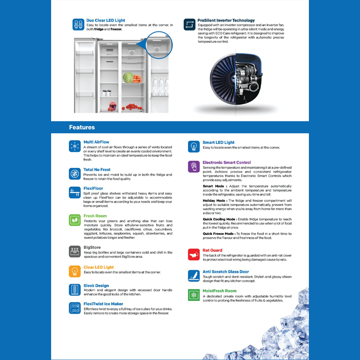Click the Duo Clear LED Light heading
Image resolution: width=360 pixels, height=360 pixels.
[x=105, y=21]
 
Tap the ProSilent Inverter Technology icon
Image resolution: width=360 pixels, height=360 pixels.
[x=189, y=24]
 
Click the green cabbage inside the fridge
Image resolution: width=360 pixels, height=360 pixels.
[x=128, y=77]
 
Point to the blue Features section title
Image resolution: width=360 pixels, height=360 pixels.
[x=82, y=127]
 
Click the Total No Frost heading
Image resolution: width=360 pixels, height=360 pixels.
[x=97, y=170]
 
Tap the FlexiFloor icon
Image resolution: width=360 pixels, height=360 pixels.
[x=75, y=192]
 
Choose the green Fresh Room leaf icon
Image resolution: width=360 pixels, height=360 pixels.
[x=75, y=220]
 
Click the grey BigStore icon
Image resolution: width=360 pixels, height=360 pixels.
[x=75, y=251]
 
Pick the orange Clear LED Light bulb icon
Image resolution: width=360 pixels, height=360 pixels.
[x=75, y=271]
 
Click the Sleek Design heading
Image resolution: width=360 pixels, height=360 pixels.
[x=96, y=285]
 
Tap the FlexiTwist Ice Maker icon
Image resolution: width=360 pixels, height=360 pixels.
[x=75, y=308]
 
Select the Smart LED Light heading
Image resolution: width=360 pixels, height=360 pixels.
[x=218, y=143]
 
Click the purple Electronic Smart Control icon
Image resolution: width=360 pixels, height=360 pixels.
[x=194, y=167]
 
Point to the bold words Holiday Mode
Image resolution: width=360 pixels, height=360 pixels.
[x=215, y=201]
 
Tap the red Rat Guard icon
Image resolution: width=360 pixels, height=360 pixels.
[x=194, y=255]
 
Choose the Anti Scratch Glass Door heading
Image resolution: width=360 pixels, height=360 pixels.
[x=225, y=272]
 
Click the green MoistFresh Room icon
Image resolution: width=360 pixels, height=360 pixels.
[x=194, y=295]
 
